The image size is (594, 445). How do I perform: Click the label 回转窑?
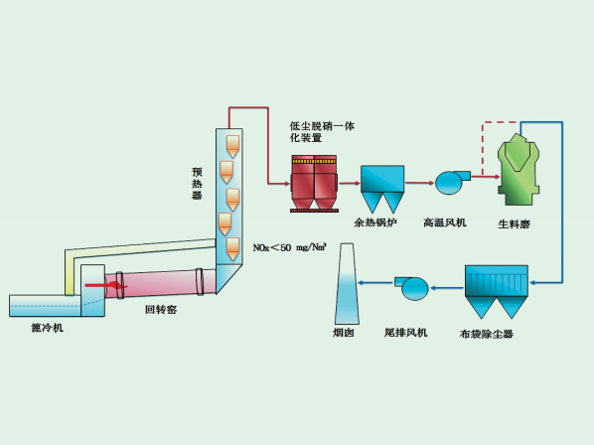pyautogui.click(x=161, y=310)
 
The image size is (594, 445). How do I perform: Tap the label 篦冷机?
pyautogui.click(x=48, y=328)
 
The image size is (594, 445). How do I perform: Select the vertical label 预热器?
pyautogui.click(x=197, y=184)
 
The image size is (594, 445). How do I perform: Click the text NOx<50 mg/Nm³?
pyautogui.click(x=290, y=247)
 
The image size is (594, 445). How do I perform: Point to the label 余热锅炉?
pyautogui.click(x=375, y=222)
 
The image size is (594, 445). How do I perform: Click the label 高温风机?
pyautogui.click(x=445, y=222)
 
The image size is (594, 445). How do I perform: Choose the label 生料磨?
pyautogui.click(x=514, y=224)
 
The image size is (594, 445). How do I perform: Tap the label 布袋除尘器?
pyautogui.click(x=486, y=334)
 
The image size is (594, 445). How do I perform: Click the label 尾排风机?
pyautogui.click(x=405, y=333)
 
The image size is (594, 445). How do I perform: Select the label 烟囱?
pyautogui.click(x=344, y=333)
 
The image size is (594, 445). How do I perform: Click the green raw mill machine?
pyautogui.click(x=519, y=169)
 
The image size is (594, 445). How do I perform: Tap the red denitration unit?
pyautogui.click(x=314, y=184)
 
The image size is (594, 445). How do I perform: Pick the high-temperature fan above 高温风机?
pyautogui.click(x=453, y=183)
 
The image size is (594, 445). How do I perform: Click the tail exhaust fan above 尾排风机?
pyautogui.click(x=412, y=288)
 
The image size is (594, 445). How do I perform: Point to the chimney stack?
pyautogui.click(x=347, y=284)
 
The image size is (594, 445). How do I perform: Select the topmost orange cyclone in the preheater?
pyautogui.click(x=232, y=147)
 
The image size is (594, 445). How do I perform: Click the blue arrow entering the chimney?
pyautogui.click(x=375, y=282)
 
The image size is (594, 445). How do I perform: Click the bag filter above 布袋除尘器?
pyautogui.click(x=497, y=292)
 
